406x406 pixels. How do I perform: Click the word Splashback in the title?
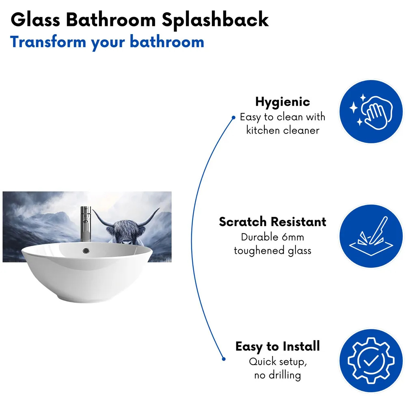[x=215, y=19]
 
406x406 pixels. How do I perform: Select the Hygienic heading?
[x=282, y=101]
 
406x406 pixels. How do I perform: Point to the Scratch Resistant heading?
[x=272, y=222]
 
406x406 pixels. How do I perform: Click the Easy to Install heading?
[x=278, y=346]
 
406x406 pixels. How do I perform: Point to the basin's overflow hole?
[x=86, y=251]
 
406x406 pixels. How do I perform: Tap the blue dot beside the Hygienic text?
[x=233, y=118]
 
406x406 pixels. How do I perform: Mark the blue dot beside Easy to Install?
[x=223, y=358]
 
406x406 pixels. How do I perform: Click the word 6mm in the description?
[x=289, y=237]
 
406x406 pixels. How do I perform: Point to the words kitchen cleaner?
[x=283, y=130]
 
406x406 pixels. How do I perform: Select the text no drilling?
[x=278, y=375]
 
